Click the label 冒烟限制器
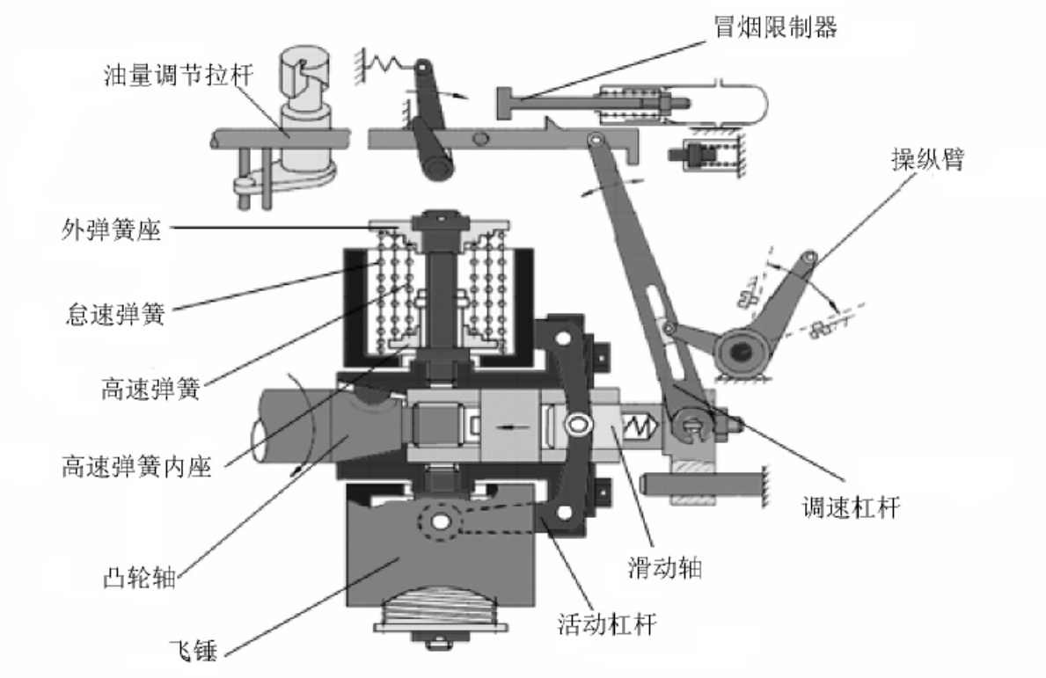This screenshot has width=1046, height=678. coord(774,27)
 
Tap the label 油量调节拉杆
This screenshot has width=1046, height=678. coord(178,74)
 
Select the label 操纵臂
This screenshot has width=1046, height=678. coord(927,159)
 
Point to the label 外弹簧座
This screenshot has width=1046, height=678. coord(111,230)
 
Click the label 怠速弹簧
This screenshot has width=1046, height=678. coord(115,313)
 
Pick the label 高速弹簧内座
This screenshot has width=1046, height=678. coord(136,466)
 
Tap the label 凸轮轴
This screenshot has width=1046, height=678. coord(139,577)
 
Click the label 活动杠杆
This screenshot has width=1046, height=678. coord(607,624)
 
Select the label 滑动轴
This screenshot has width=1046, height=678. coord(664,567)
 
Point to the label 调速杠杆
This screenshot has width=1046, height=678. coord(851,508)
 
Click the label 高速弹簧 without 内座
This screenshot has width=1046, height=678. coord(150,388)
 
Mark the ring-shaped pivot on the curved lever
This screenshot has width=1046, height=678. coord(577,423)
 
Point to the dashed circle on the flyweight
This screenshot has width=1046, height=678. coord(440,520)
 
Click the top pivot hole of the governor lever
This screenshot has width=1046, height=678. coord(593,139)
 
